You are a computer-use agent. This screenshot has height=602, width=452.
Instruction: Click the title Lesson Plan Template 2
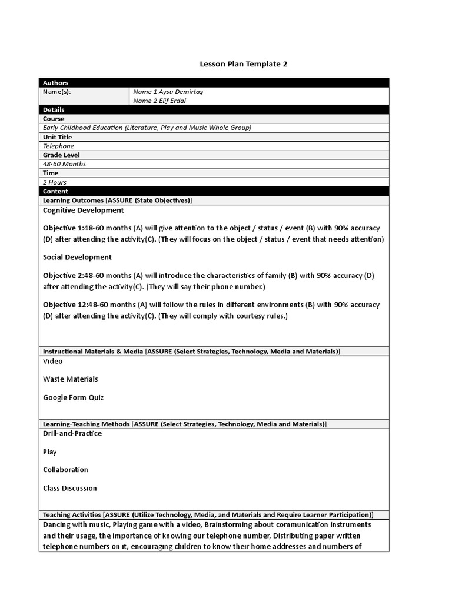(244, 63)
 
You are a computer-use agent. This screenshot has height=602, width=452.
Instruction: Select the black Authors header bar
(214, 83)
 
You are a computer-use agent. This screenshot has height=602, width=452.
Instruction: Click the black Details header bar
(214, 109)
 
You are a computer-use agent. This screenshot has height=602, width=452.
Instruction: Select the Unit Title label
(58, 137)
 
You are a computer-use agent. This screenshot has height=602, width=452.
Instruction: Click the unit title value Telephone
(58, 146)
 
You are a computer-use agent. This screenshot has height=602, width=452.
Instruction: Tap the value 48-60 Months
(64, 164)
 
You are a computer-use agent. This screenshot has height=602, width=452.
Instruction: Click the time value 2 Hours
(55, 182)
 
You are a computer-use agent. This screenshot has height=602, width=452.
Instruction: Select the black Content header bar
(214, 191)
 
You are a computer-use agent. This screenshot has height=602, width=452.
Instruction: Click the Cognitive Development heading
(84, 210)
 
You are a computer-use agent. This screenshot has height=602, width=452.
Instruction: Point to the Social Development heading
(77, 257)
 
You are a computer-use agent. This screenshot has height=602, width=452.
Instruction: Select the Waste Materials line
(71, 379)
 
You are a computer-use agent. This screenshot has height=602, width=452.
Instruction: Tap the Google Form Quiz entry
(73, 397)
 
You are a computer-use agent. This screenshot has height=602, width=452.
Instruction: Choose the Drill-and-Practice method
(72, 433)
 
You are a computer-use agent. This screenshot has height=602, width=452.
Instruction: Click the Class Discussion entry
(70, 488)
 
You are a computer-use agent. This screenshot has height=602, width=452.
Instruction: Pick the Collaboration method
(65, 470)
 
